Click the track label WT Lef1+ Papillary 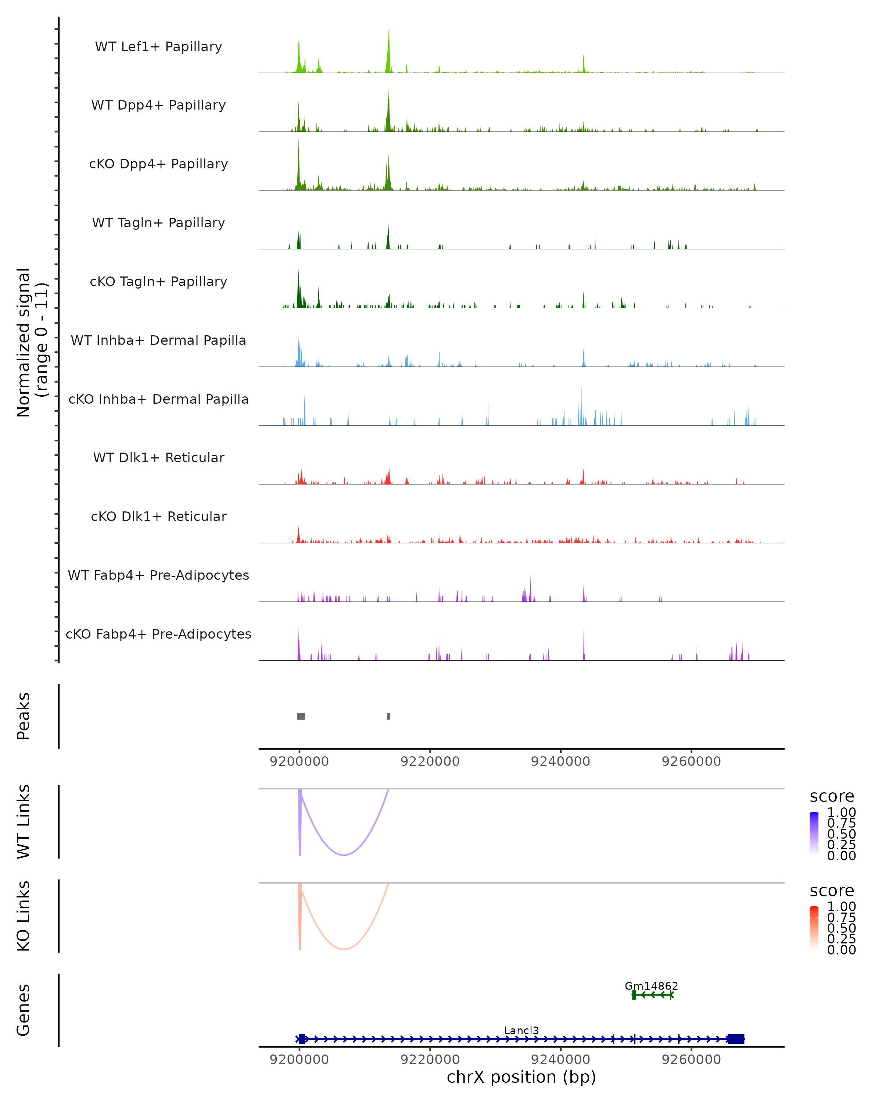click(158, 47)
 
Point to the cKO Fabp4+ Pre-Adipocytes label click(158, 634)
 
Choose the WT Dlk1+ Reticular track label click(158, 457)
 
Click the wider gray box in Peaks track click(301, 716)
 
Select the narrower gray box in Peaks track click(388, 716)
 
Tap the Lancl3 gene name click(521, 1030)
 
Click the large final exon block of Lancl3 click(736, 1039)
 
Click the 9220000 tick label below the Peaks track click(430, 761)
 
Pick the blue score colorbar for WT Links click(814, 834)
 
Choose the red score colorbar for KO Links click(814, 928)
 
